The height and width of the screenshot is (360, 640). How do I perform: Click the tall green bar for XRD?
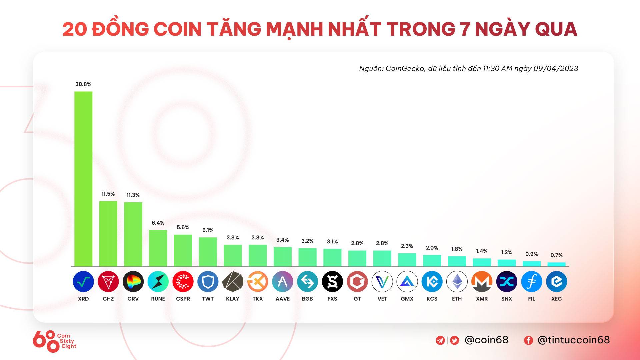(83, 179)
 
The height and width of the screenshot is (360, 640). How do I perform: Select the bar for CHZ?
(108, 233)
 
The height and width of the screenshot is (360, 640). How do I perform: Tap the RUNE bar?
(158, 248)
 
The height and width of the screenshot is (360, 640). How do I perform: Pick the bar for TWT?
(208, 252)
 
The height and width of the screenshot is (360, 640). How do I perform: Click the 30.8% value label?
(83, 84)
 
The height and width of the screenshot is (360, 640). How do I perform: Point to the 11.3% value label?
(133, 195)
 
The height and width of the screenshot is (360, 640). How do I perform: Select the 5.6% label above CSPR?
(183, 227)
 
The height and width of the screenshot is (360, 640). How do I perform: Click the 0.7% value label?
(556, 255)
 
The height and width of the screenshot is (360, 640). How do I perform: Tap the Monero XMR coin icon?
(482, 282)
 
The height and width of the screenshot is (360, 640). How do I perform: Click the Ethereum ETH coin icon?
(457, 282)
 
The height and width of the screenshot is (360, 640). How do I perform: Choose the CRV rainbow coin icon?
(133, 282)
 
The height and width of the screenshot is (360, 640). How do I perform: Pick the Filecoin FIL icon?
(531, 282)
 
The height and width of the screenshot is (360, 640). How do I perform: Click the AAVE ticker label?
(282, 299)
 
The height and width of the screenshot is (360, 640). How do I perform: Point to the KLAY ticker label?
(233, 299)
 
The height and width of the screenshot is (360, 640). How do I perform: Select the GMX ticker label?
(407, 299)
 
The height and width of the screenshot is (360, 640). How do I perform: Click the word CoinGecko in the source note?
(405, 69)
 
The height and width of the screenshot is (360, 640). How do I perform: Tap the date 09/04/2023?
(556, 69)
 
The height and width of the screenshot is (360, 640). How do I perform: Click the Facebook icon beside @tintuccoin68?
(528, 340)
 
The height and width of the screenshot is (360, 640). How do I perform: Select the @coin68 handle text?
(486, 340)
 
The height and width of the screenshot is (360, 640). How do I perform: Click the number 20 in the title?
(74, 29)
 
